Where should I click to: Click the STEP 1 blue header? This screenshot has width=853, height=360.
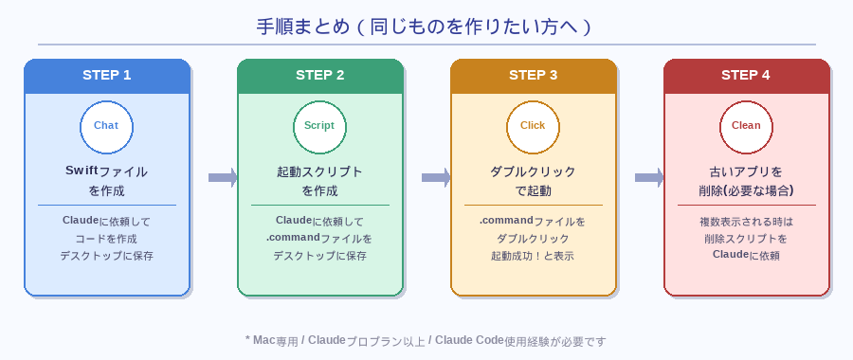(106, 76)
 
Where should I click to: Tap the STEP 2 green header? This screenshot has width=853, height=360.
(319, 76)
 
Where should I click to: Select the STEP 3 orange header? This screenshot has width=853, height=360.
(533, 76)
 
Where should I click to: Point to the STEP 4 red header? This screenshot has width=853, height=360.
(746, 76)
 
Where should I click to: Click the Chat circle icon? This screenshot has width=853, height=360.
(106, 126)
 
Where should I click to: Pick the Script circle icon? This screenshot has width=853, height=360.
(319, 126)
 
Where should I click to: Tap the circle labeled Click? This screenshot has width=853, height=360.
(533, 126)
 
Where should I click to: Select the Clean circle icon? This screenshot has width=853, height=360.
(746, 126)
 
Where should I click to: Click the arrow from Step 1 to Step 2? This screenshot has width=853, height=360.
(223, 177)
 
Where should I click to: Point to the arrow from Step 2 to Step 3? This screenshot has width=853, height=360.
(436, 177)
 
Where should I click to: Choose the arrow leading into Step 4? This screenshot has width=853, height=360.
(649, 177)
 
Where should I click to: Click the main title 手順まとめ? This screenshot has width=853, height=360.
(426, 27)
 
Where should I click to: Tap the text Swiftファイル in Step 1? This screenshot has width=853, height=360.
(106, 171)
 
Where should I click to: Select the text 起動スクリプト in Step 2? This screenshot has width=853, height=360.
(319, 171)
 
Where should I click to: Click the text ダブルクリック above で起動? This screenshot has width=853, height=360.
(533, 171)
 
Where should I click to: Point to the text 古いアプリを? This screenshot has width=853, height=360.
(746, 171)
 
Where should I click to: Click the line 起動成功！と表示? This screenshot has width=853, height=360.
(533, 256)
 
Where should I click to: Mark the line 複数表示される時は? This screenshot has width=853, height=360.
(746, 221)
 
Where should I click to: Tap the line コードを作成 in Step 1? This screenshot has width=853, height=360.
(106, 239)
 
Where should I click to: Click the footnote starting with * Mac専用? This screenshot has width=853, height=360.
(426, 340)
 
